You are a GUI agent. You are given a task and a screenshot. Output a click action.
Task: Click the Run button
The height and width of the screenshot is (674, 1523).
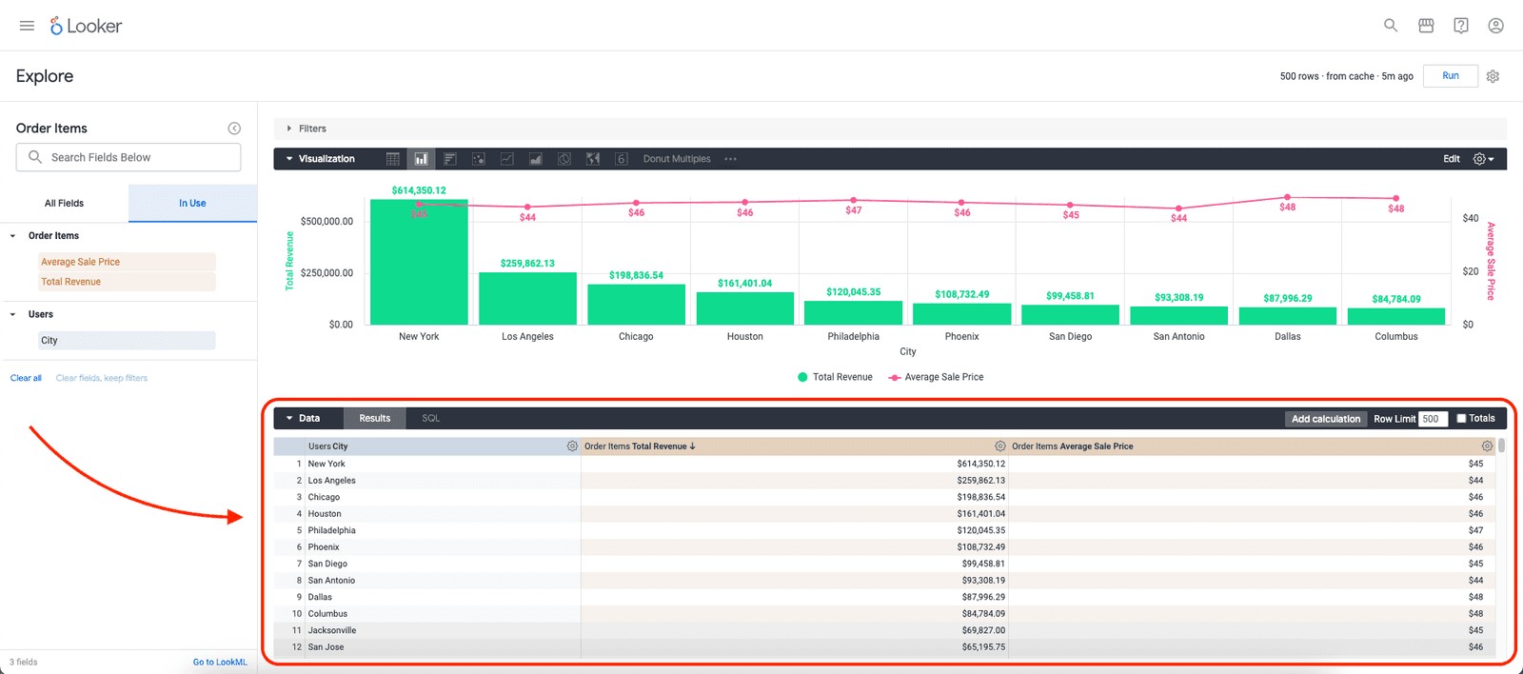pos(1450,76)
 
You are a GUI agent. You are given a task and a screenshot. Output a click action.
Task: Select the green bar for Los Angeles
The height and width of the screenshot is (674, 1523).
pos(527,298)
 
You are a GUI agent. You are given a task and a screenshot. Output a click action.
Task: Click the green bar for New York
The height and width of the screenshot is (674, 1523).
pos(419,267)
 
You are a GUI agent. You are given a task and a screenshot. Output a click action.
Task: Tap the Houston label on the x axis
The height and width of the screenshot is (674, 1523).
pos(744,337)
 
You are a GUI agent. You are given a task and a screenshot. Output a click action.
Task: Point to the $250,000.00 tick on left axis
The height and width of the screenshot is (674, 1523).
pos(326,273)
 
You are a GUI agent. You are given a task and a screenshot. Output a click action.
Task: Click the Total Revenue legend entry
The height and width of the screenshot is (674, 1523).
pos(835,377)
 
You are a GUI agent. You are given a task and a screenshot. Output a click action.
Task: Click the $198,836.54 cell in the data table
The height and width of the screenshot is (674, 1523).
pos(980,497)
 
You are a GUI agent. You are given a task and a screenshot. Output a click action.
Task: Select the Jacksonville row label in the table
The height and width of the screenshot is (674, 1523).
pos(332,630)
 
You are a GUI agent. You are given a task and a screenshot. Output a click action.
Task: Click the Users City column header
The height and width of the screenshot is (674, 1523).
pos(328,446)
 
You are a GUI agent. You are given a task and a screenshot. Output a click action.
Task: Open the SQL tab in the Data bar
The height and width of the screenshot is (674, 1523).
pos(430,418)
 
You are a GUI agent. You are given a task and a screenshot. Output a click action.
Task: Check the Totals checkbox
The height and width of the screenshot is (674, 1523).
pos(1461,419)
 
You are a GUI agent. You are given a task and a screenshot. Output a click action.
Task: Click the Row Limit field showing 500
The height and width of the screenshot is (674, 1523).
pos(1432,419)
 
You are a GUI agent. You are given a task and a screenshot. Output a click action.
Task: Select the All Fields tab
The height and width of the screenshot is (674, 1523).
pos(64,203)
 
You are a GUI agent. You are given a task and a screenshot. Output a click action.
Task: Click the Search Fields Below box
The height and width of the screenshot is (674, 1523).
pos(129,157)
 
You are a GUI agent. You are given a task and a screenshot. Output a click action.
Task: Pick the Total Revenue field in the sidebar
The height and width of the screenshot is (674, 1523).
pos(71,282)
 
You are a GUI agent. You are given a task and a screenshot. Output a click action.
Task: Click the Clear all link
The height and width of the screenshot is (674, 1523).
pos(26,378)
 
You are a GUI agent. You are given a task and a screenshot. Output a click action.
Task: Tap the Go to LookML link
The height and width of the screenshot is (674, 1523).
pos(220,662)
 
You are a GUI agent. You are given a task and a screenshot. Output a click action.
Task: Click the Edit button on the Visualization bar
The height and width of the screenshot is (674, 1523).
pos(1451,159)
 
